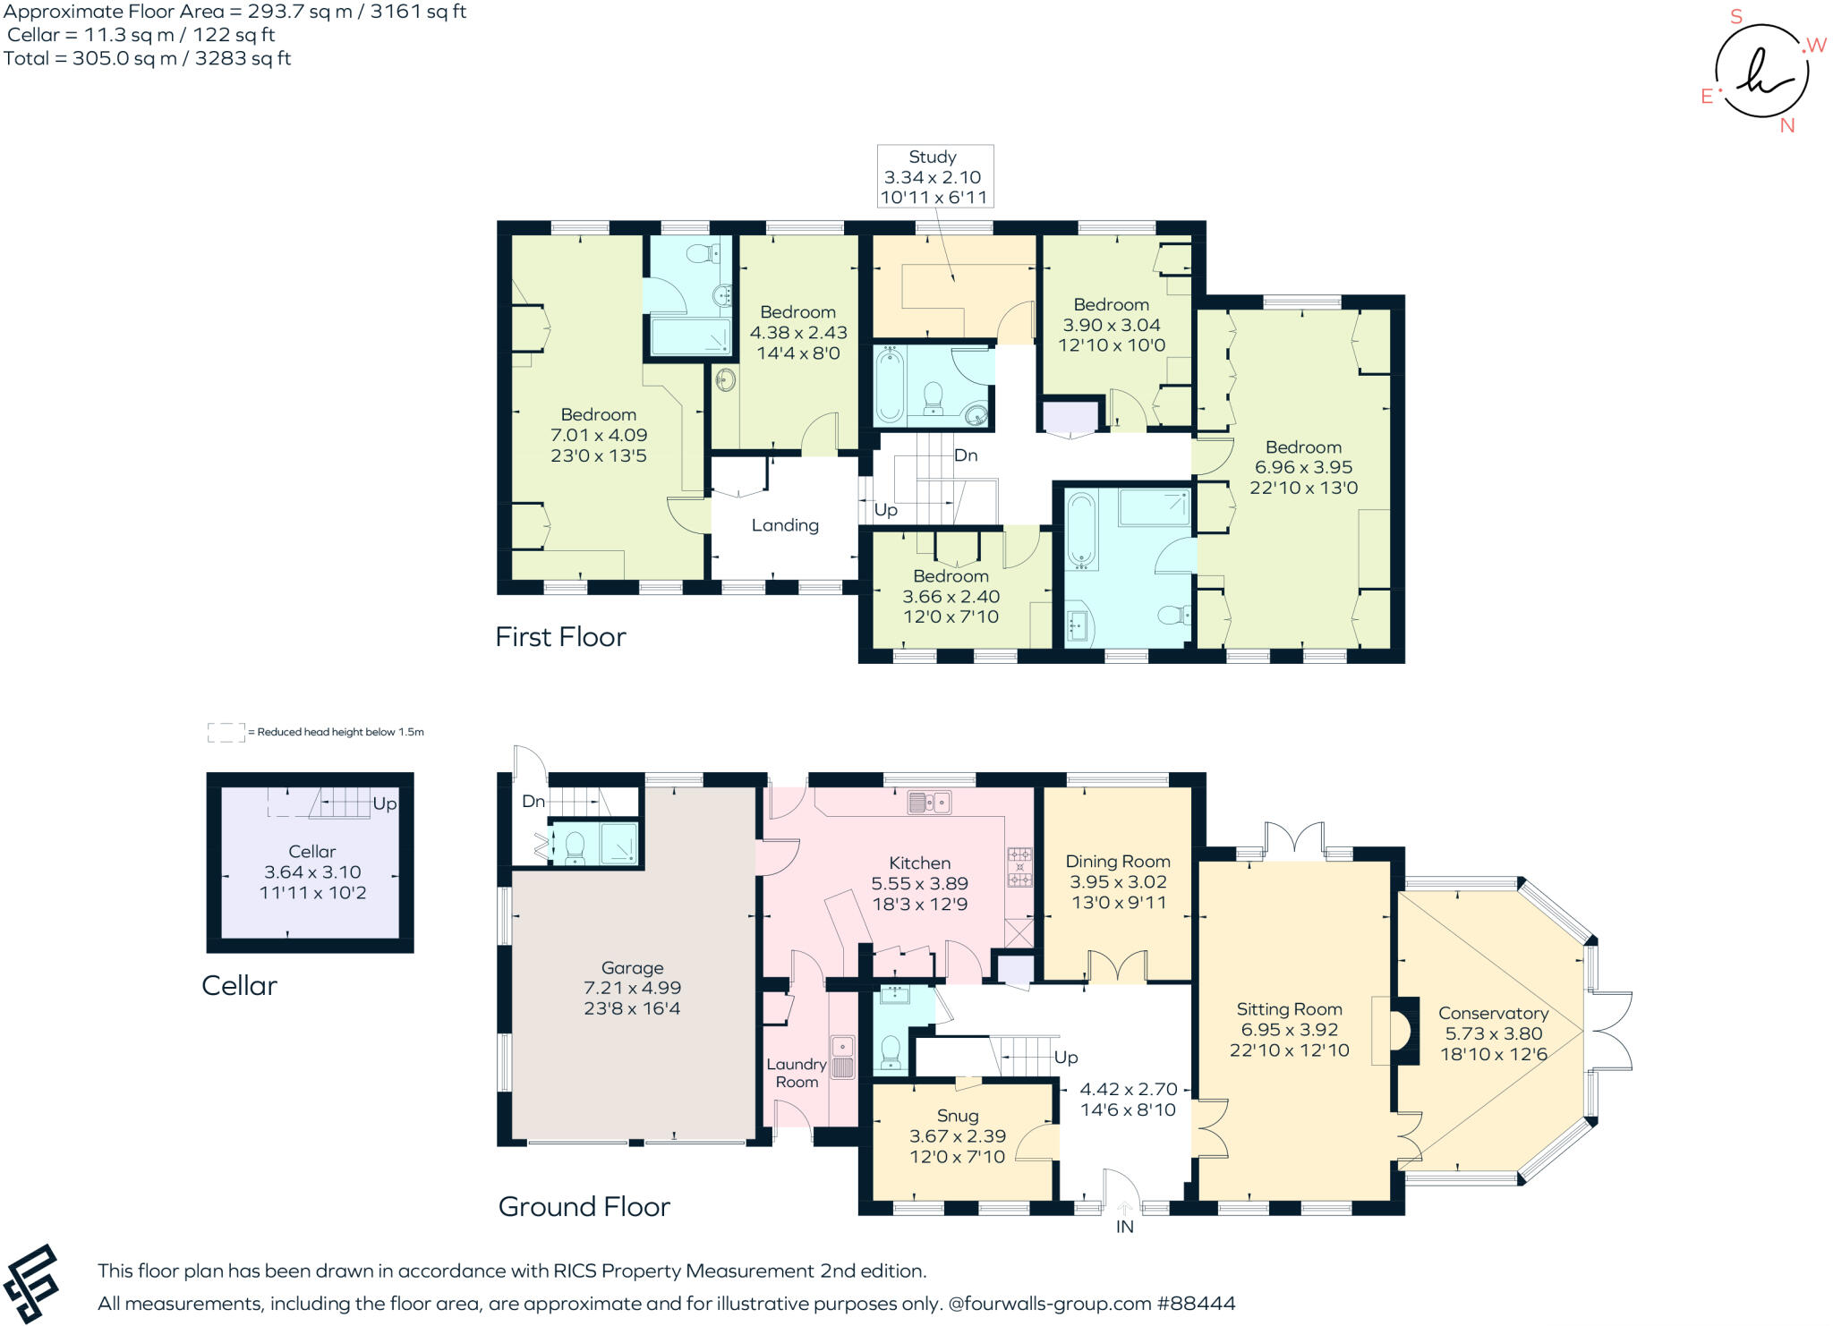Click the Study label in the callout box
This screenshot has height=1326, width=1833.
933,157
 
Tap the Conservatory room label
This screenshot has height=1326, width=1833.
1493,1013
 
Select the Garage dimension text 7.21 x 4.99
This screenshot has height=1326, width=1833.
632,988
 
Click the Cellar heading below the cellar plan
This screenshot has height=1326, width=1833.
239,985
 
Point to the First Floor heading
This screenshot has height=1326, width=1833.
560,636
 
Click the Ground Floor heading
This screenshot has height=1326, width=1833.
584,1206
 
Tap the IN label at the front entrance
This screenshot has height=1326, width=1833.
1125,1227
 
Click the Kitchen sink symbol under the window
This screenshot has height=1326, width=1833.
930,802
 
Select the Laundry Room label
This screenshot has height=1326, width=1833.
797,1073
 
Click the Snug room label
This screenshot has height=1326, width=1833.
958,1116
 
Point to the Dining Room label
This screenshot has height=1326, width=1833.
1118,861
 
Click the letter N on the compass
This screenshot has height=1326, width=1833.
1787,125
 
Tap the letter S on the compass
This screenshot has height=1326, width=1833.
1736,16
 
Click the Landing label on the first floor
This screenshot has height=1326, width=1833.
785,525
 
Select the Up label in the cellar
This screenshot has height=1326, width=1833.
385,803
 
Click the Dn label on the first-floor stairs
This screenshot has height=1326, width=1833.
966,455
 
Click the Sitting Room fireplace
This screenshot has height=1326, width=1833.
1396,1031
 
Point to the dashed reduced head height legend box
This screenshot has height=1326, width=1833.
226,733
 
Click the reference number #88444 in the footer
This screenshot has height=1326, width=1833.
1196,1303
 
